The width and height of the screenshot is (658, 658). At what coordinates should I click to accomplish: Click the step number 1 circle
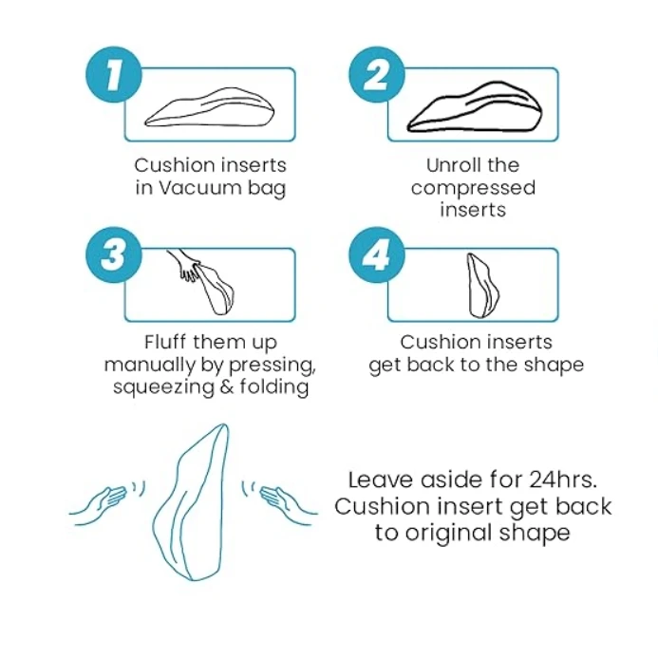(x=113, y=75)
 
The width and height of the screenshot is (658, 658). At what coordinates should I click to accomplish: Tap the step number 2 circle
(x=375, y=75)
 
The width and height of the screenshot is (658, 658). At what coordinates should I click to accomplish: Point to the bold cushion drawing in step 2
(x=475, y=107)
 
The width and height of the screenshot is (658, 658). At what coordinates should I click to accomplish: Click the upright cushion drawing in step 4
(x=481, y=286)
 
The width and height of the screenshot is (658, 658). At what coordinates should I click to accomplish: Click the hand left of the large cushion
(x=102, y=502)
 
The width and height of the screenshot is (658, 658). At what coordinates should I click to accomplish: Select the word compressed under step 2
(x=473, y=187)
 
